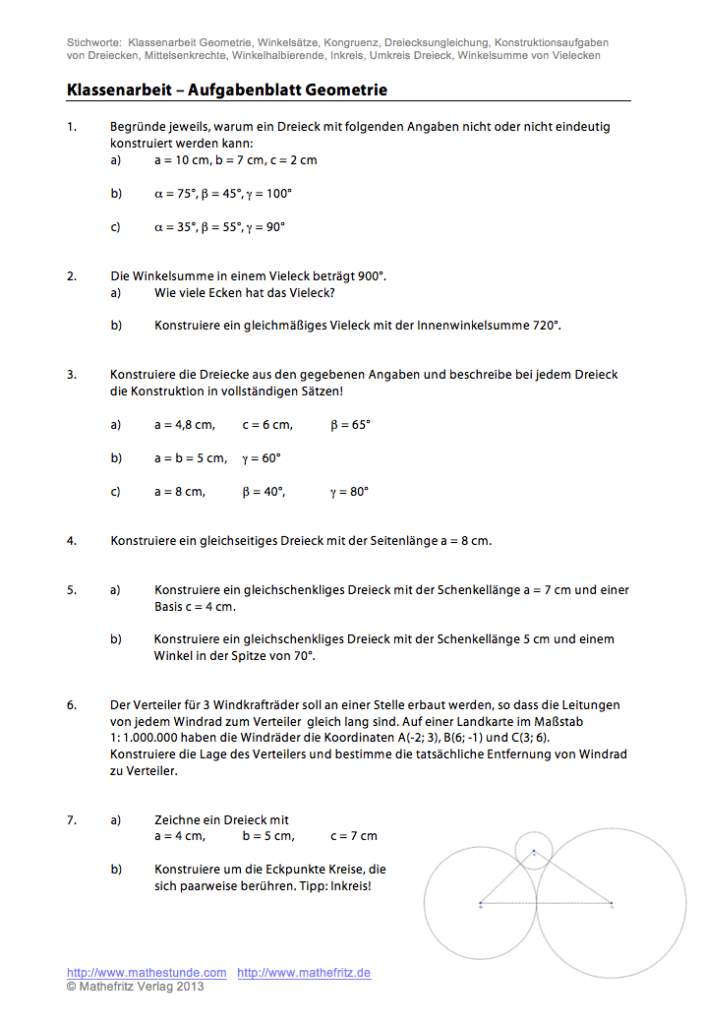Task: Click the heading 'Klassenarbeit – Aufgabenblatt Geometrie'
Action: (227, 91)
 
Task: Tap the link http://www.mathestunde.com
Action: (146, 972)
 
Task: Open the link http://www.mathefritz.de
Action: (304, 972)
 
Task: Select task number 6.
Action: (72, 704)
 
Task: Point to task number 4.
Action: (72, 541)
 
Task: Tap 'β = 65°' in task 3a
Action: (350, 425)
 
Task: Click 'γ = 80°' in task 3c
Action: (349, 491)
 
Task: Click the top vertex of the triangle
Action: (533, 853)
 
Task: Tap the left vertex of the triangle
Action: (481, 904)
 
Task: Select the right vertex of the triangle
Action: (611, 904)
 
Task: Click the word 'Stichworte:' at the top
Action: (94, 43)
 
